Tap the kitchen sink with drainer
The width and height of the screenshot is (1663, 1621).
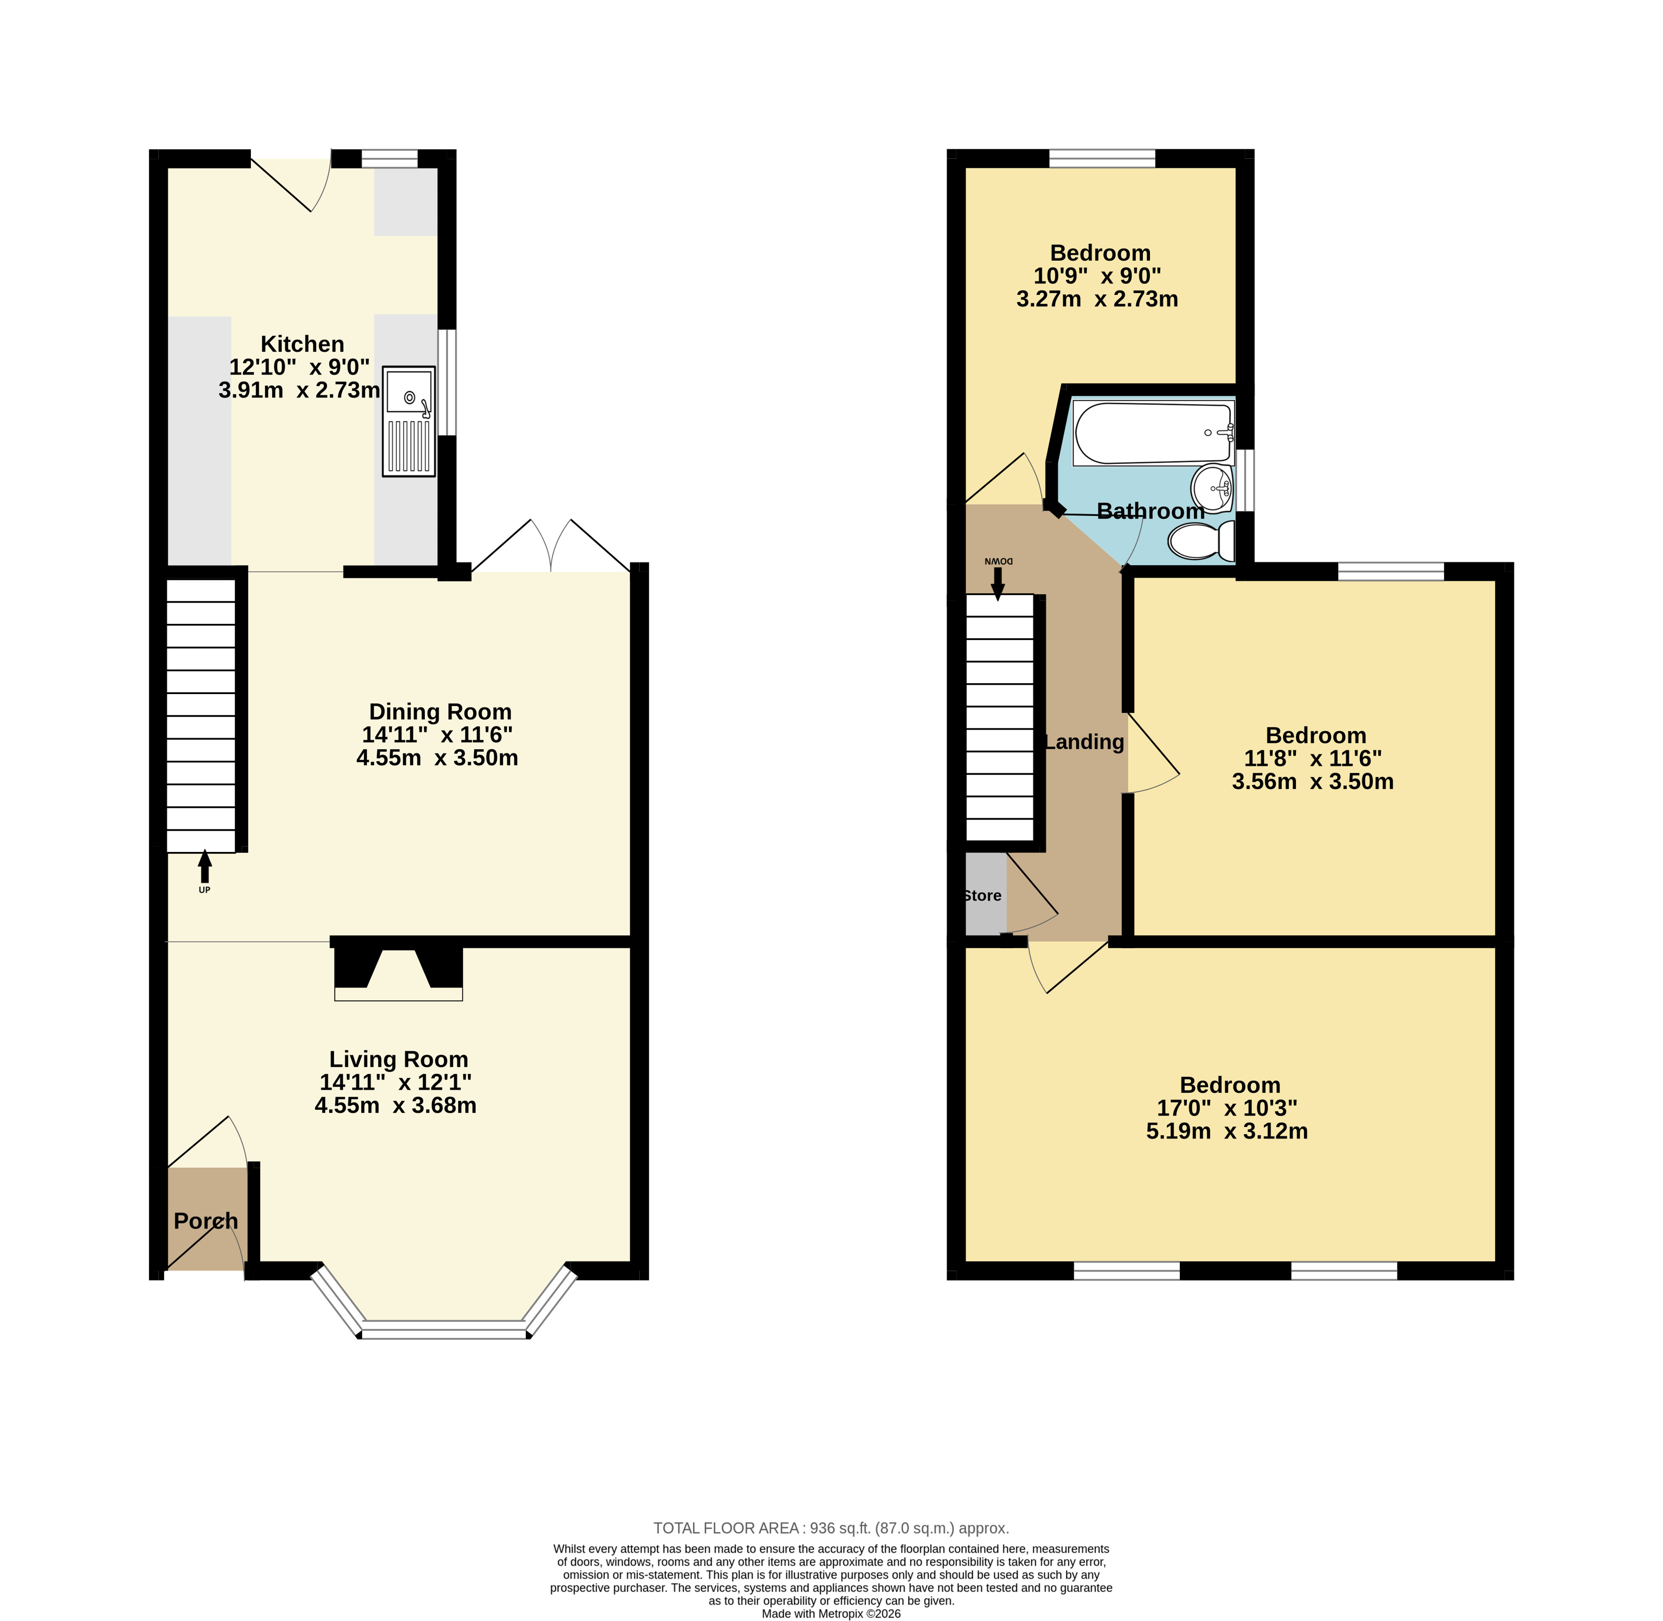409,421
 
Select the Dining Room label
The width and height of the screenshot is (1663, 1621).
440,712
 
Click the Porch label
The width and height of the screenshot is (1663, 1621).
206,1221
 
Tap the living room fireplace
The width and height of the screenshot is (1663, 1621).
398,971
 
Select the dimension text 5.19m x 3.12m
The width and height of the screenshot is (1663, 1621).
1227,1131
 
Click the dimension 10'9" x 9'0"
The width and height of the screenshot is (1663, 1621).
1098,276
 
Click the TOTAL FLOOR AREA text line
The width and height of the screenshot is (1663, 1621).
831,1528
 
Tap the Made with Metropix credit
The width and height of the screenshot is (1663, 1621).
831,1613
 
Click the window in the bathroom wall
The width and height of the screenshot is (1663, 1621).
1245,480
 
